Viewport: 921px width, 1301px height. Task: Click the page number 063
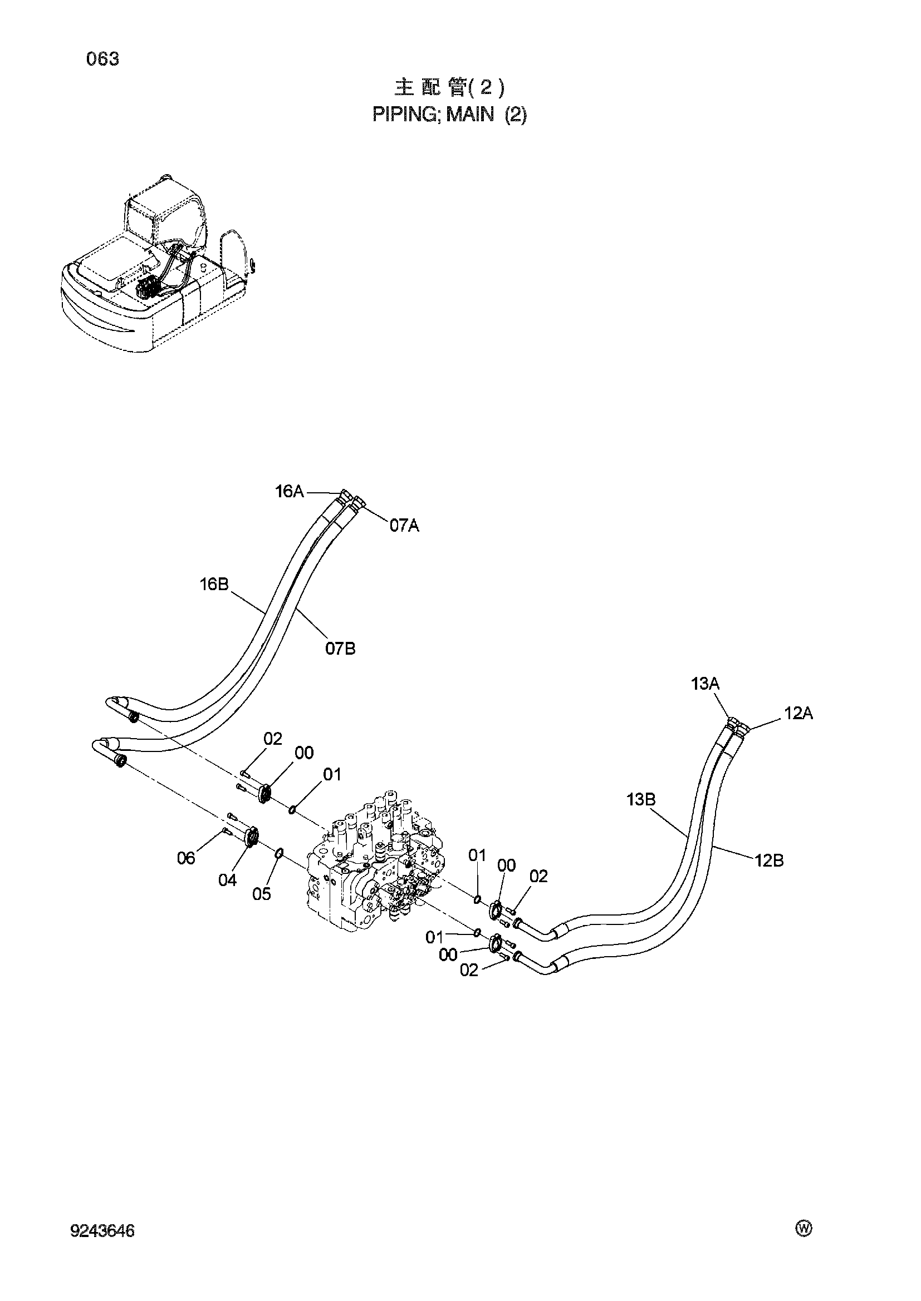(x=102, y=59)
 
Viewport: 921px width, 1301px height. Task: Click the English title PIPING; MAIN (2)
(x=449, y=115)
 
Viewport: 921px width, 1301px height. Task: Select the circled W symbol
(x=804, y=1229)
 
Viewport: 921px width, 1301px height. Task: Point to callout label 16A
(x=289, y=492)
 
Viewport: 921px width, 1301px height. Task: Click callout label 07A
(x=404, y=526)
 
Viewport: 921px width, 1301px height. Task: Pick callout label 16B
(x=214, y=584)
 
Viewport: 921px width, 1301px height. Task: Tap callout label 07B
(x=340, y=649)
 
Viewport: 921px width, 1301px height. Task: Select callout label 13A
(x=705, y=684)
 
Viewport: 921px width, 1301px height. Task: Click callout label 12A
(x=798, y=714)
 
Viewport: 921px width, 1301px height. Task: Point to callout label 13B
(x=641, y=799)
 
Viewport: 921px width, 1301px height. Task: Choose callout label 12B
(x=769, y=860)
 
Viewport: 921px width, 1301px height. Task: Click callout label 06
(x=186, y=858)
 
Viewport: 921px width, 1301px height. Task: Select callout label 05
(x=262, y=894)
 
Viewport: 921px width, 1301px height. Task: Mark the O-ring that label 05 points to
(x=280, y=853)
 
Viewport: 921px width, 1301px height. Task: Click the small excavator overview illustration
(x=158, y=263)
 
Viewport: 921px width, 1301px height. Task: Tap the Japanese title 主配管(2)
(x=449, y=88)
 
